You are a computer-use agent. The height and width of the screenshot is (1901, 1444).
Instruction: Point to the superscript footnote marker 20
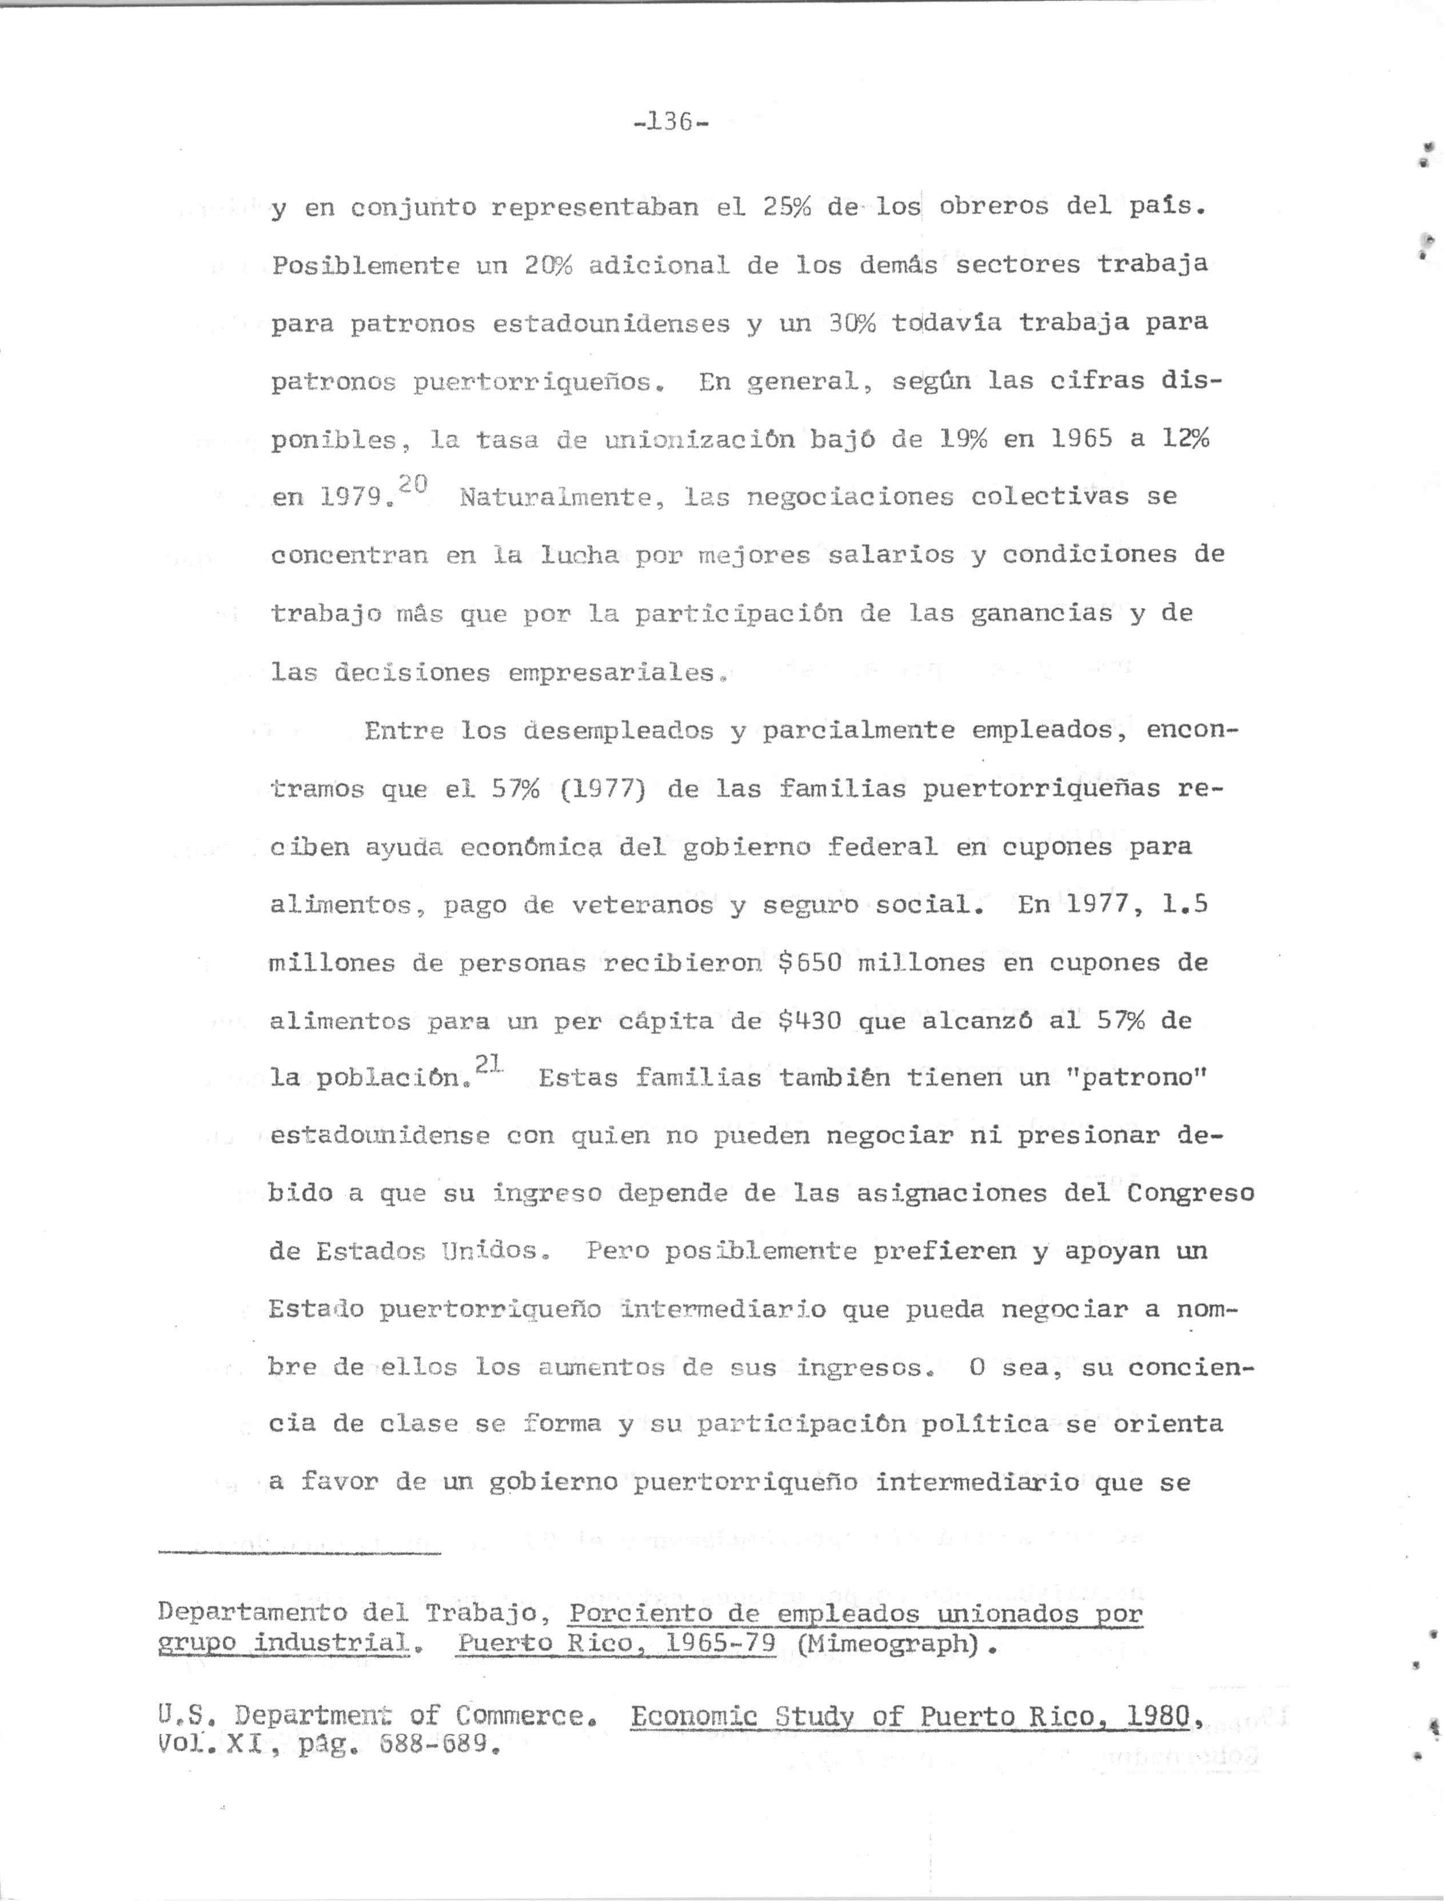pos(413,484)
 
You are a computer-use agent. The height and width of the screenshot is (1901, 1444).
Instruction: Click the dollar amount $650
pos(809,963)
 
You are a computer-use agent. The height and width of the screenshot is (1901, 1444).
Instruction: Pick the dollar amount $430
pos(809,1021)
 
